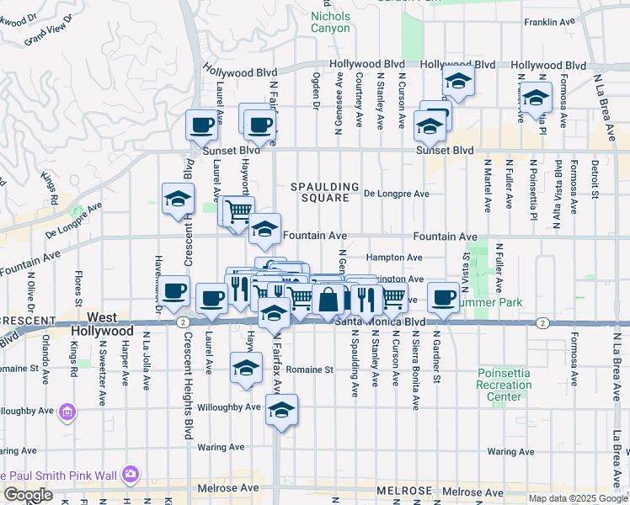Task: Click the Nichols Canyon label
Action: coord(330,22)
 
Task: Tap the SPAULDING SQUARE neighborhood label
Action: coord(325,192)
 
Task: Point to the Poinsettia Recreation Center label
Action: coord(504,385)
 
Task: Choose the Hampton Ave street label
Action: coord(393,258)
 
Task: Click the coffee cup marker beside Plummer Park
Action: coord(444,297)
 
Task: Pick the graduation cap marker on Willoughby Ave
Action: coord(280,411)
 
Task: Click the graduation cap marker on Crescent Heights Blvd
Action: coord(178,199)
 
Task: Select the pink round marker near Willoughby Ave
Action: coord(67,412)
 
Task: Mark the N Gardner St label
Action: coord(437,362)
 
